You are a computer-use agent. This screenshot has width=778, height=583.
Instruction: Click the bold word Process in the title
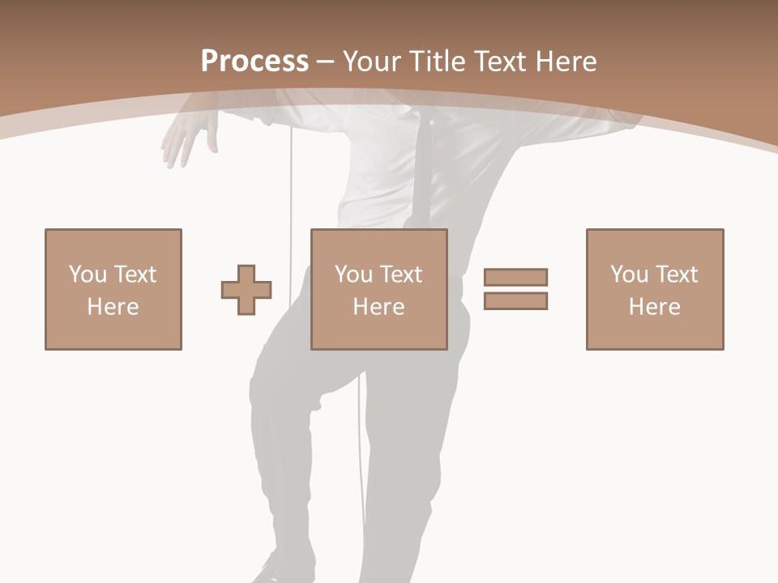tap(254, 62)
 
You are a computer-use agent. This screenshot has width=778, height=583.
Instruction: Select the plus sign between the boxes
tap(246, 290)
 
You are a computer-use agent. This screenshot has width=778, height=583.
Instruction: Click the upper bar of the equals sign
tap(515, 277)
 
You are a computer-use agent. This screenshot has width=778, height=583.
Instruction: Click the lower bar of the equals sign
tap(515, 300)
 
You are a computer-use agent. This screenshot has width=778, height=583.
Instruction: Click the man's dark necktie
tap(422, 170)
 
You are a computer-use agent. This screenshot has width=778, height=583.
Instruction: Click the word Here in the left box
tap(113, 307)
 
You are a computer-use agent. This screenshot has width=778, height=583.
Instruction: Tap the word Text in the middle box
tap(400, 274)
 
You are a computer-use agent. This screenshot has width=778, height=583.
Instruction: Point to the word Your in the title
tap(370, 62)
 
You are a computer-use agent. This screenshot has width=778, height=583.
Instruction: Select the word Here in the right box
tap(654, 307)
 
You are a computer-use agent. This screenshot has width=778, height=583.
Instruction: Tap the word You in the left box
tap(87, 274)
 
